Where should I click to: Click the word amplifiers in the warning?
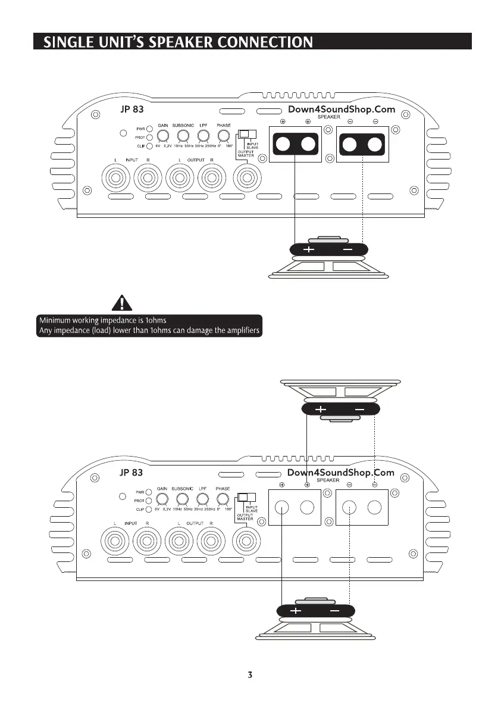click(x=239, y=331)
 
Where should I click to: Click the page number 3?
click(x=250, y=675)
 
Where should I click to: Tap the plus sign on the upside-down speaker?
click(x=320, y=410)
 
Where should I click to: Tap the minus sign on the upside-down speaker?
click(x=359, y=410)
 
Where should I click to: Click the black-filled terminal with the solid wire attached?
click(x=296, y=145)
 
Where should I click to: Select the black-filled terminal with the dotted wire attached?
click(x=363, y=145)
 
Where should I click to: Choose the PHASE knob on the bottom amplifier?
click(x=223, y=499)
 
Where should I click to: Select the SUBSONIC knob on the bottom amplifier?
click(x=183, y=499)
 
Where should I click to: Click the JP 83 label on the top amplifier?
click(x=131, y=110)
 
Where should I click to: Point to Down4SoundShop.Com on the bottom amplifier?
click(x=341, y=473)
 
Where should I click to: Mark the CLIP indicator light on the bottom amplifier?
click(x=150, y=509)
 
